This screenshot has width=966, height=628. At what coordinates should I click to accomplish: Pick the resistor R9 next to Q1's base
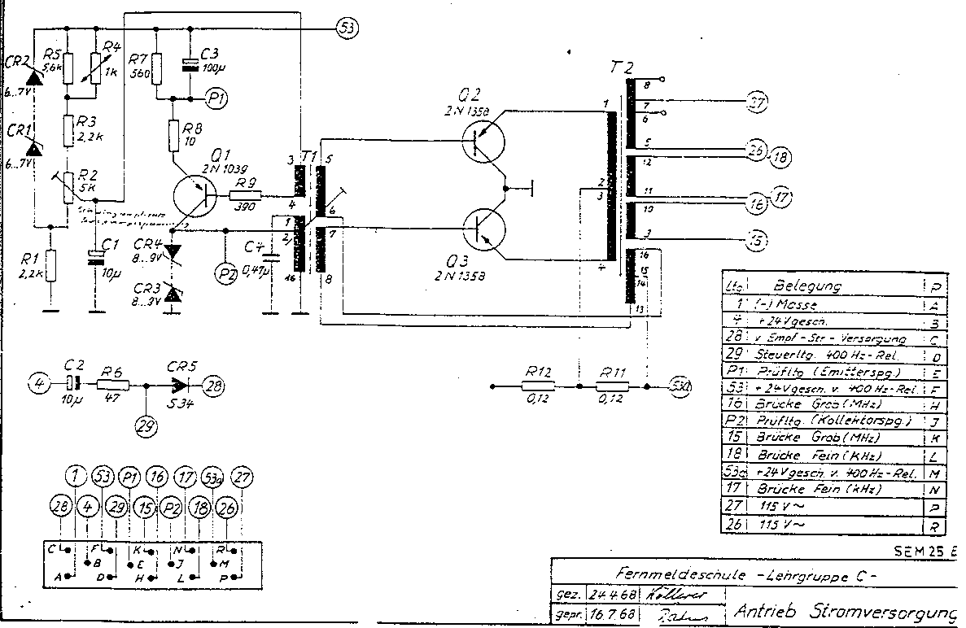[x=245, y=196]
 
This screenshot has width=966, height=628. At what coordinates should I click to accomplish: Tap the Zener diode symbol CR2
[x=34, y=76]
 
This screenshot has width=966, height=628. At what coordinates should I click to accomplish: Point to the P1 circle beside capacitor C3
[x=216, y=98]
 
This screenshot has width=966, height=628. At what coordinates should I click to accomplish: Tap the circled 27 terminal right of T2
[x=756, y=103]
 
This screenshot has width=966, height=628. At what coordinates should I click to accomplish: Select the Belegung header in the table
[x=807, y=286]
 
